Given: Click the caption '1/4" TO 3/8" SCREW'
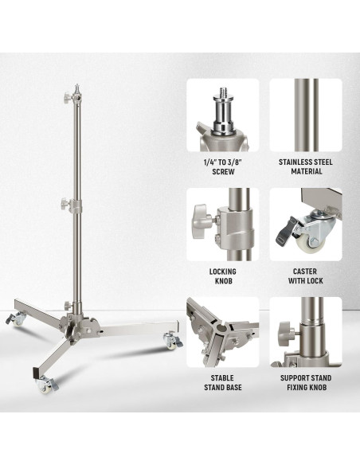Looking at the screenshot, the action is point(223,167).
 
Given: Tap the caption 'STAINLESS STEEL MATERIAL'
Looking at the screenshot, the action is point(306,166).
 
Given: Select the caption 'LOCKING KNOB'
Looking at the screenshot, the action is point(223,276).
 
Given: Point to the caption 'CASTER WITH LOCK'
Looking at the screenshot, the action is point(305,275).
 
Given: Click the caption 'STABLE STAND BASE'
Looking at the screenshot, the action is point(223,382).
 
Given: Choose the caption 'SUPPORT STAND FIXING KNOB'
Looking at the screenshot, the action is point(306,382).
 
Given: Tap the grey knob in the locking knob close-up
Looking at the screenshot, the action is point(202,221).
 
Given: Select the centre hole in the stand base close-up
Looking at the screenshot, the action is point(221,328).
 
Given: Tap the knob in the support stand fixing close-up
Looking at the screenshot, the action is point(286,333).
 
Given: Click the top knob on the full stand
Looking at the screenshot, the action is point(67,97).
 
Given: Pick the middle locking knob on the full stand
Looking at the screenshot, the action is point(65,204).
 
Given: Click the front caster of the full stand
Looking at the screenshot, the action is point(46,385).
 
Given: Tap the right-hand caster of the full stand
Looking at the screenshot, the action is point(172,341).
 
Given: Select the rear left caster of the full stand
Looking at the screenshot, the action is point(15,319).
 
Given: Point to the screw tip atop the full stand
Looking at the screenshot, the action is point(77,86).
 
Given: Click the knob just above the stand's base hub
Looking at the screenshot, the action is point(68,305).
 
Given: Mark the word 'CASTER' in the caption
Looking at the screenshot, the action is point(305,272).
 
